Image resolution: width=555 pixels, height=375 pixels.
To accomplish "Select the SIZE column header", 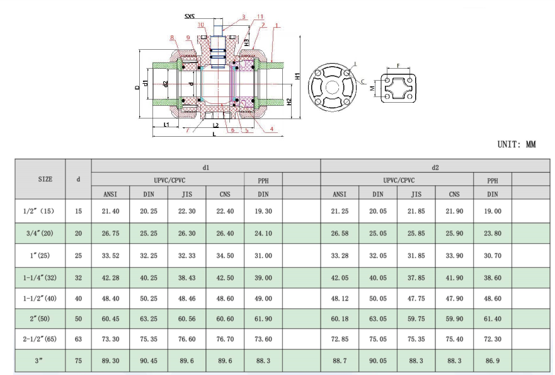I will click(45, 179).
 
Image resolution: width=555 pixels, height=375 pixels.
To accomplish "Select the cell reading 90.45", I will click(149, 361).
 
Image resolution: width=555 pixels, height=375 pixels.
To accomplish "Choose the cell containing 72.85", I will click(340, 339).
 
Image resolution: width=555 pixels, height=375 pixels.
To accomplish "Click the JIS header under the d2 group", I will click(416, 194).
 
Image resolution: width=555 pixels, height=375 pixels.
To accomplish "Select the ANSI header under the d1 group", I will click(111, 194).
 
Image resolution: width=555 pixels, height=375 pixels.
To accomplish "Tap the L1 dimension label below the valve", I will click(166, 125).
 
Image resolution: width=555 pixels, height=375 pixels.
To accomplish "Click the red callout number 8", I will click(173, 38).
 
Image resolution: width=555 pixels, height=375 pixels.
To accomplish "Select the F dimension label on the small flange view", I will click(398, 65).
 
